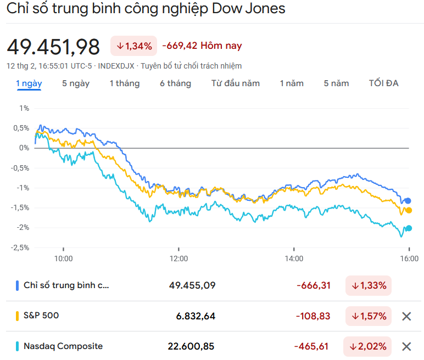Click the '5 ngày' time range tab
click(x=76, y=83)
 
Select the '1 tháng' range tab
click(x=125, y=83)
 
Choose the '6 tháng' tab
click(x=176, y=83)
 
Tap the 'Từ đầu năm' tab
click(x=236, y=83)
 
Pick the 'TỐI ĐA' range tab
click(x=384, y=83)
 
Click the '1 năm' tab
click(x=292, y=83)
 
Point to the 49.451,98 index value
click(x=53, y=47)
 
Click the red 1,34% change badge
click(x=134, y=46)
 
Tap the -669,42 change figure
click(x=179, y=46)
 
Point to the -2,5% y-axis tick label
click(x=21, y=248)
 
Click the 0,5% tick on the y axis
click(x=22, y=128)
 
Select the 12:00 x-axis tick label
click(x=178, y=258)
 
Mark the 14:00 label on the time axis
click(x=294, y=258)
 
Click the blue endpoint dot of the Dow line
click(x=408, y=201)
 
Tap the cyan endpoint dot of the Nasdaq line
click(x=409, y=228)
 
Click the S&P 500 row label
click(x=41, y=316)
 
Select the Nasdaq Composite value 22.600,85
click(x=191, y=346)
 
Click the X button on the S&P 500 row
click(x=406, y=316)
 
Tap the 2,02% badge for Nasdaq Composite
click(x=368, y=346)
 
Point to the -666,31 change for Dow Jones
click(x=313, y=285)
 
